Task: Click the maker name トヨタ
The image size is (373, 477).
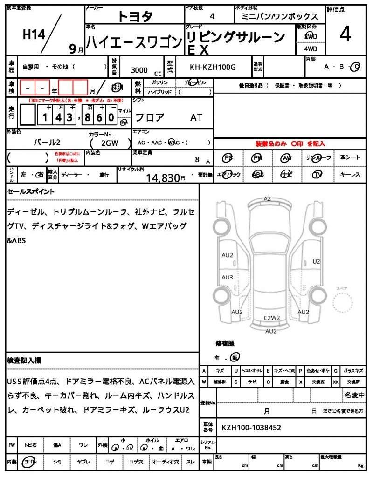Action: click(135, 16)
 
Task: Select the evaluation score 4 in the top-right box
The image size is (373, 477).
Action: click(345, 34)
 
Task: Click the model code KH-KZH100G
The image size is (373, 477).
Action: click(213, 68)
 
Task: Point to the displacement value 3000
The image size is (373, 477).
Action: click(139, 70)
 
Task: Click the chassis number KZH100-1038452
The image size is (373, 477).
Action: click(251, 427)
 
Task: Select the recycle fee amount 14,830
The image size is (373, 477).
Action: click(163, 177)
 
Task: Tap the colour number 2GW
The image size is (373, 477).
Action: click(109, 143)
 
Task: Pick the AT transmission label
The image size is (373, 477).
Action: click(196, 117)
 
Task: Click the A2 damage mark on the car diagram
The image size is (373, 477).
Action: click(267, 198)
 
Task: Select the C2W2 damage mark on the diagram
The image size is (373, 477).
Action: click(272, 318)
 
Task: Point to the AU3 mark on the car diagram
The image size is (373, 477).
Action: click(228, 278)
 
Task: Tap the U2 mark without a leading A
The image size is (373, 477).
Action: click(317, 261)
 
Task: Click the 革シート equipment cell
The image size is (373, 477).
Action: click(350, 157)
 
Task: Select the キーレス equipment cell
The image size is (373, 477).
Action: click(350, 174)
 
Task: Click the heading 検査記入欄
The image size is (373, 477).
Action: click(24, 360)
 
